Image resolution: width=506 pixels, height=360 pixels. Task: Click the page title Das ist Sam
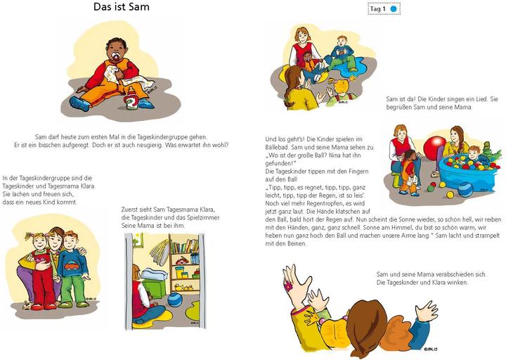click(x=122, y=7)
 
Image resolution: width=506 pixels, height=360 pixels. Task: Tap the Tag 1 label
click(x=379, y=9)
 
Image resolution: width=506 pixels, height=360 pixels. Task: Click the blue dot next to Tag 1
click(x=394, y=9)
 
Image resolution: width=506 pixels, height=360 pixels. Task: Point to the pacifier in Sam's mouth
click(x=110, y=51)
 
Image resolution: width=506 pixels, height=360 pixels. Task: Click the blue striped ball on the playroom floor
click(x=175, y=300)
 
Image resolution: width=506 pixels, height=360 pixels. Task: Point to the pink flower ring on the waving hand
click(x=287, y=287)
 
